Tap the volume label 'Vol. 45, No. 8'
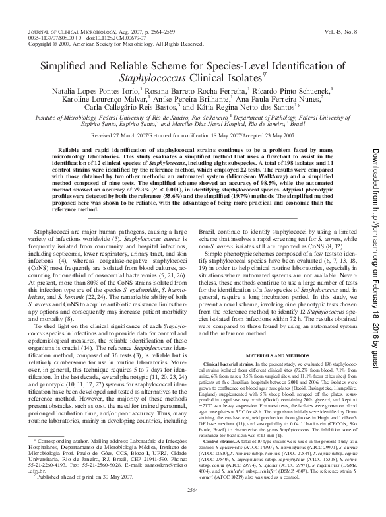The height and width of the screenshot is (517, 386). [342, 31]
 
